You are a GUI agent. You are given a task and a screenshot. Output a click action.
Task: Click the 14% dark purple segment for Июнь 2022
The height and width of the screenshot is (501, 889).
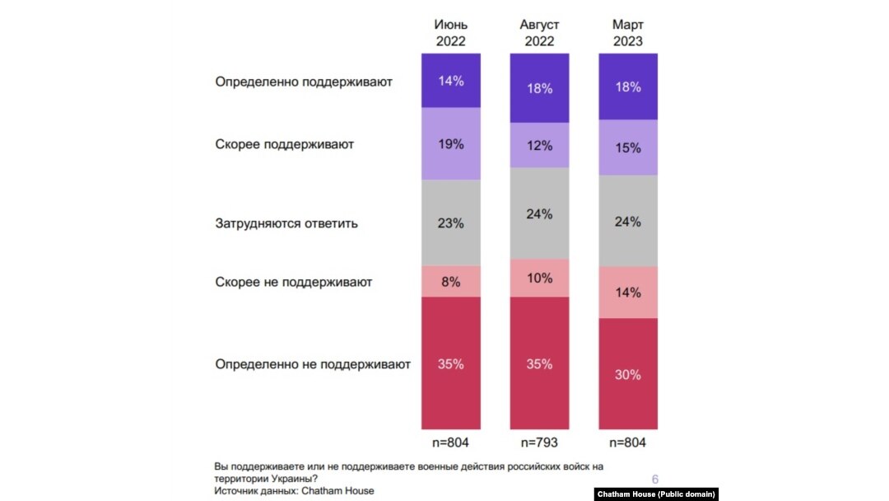(450, 81)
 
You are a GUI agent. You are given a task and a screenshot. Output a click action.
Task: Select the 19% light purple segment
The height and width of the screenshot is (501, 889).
(450, 144)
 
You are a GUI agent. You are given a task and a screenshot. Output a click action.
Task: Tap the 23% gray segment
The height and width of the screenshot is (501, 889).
(450, 222)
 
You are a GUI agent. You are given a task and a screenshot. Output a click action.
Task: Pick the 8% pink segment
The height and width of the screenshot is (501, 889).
(450, 282)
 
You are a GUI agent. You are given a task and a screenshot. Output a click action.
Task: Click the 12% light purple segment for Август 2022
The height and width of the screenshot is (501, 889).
(539, 145)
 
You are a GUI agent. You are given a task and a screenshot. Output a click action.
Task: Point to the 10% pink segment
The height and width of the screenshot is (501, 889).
(539, 278)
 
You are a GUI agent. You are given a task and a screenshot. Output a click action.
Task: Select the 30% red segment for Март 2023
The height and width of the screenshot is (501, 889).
(627, 374)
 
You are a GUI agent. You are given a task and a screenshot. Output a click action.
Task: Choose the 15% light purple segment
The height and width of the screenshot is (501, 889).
(627, 147)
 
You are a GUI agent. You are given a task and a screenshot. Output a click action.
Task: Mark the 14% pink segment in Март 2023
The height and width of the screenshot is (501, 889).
(627, 292)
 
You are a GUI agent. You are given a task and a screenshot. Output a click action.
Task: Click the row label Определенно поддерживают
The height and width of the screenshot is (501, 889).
(304, 82)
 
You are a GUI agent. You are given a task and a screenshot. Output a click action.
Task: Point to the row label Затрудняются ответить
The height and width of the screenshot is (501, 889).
(286, 222)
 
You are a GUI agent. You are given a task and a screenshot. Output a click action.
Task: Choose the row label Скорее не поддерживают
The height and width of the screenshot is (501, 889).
(294, 282)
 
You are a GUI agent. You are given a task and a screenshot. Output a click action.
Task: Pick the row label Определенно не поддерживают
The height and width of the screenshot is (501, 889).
(313, 363)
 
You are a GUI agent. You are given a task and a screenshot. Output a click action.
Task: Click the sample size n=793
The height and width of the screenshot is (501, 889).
(539, 443)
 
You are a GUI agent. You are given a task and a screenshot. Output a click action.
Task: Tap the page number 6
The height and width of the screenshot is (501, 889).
(655, 480)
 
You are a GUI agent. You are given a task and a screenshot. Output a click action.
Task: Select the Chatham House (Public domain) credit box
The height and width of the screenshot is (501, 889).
(656, 494)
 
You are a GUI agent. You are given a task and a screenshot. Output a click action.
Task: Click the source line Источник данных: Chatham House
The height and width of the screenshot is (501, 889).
(294, 490)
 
